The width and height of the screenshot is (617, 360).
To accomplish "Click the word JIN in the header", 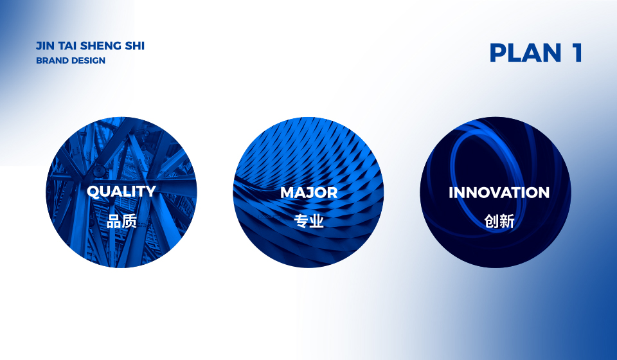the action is point(45,46).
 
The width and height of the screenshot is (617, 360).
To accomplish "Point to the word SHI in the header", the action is point(135,46).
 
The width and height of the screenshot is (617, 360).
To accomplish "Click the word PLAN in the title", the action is point(525,53).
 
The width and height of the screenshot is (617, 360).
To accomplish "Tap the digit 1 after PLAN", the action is point(577,53).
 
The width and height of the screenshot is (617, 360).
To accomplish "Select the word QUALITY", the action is point(121,192).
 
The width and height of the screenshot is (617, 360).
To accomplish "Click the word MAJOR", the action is point(309,192).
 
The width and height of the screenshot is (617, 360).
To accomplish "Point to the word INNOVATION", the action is point(499,192).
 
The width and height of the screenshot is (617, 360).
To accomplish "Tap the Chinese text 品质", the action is point(121,221).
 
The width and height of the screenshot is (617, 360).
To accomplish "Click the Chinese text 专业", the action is point(309,221).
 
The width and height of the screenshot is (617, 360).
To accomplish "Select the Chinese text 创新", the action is point(499,221).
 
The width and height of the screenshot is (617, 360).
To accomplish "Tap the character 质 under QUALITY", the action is point(129,221).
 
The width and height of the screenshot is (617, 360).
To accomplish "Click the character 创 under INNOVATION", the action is point(492,221).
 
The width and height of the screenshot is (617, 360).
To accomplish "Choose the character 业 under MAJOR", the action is point(317,221).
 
